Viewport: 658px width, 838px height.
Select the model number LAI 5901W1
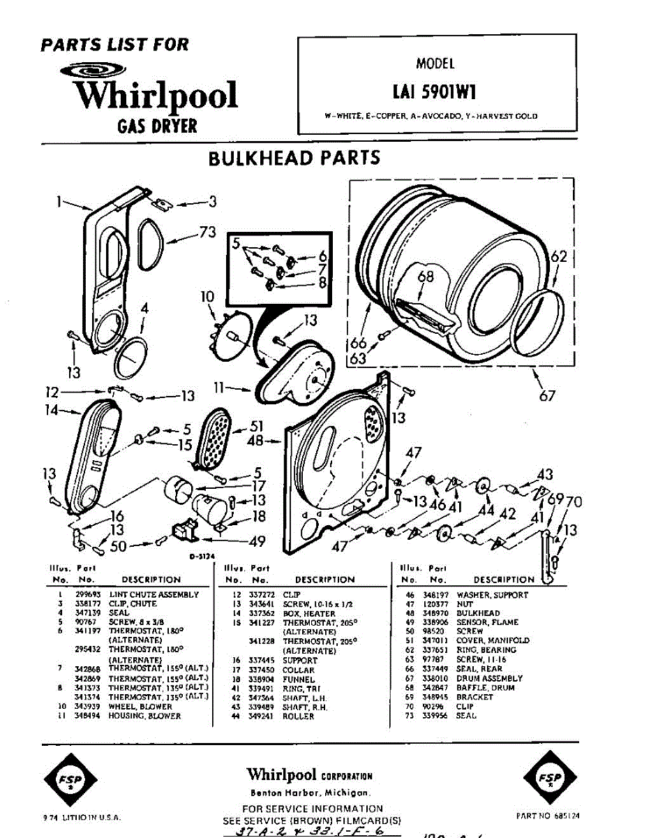click(435, 91)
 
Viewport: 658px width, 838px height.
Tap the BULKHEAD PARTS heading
click(294, 158)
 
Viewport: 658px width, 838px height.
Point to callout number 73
click(207, 233)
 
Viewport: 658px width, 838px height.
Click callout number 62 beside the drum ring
click(560, 256)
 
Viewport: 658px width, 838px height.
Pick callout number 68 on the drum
click(425, 277)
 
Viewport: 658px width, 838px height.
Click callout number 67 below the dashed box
click(547, 395)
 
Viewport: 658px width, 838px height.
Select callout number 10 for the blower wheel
click(207, 297)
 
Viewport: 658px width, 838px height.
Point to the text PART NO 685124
click(548, 815)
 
